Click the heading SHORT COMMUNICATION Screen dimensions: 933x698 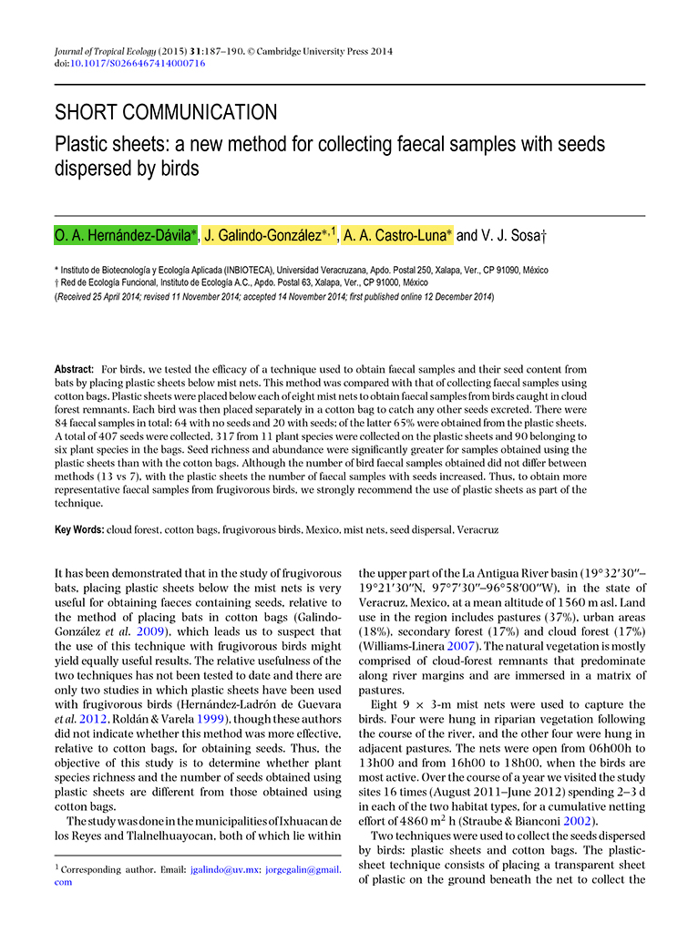[166, 113]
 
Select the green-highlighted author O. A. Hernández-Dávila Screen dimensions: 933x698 [125, 236]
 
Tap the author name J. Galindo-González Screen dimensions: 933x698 [264, 236]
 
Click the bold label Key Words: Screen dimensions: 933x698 [79, 528]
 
